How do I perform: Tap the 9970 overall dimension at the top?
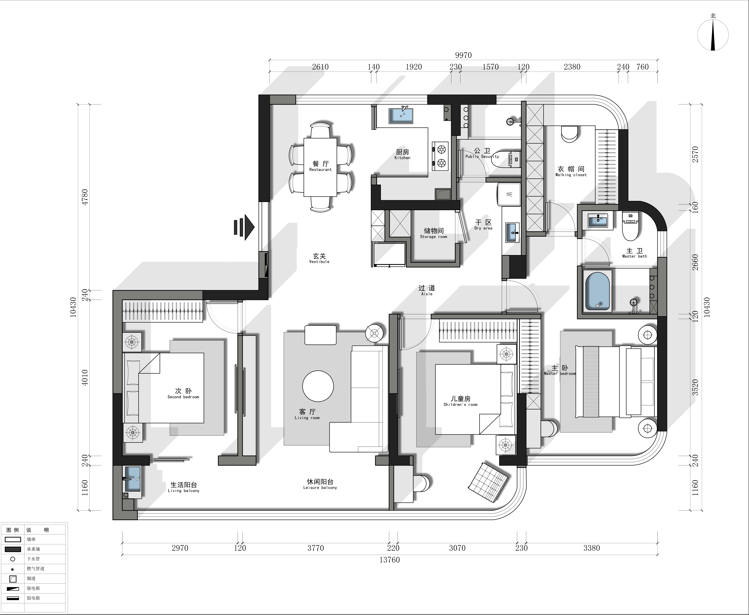pyautogui.click(x=463, y=55)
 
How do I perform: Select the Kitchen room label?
pyautogui.click(x=402, y=154)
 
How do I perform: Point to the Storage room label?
pyautogui.click(x=434, y=233)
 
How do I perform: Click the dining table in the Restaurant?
pyautogui.click(x=320, y=167)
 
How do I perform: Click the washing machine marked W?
pyautogui.click(x=509, y=194)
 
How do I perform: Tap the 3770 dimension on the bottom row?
pyautogui.click(x=315, y=548)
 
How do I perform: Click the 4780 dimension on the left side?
pyautogui.click(x=85, y=197)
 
